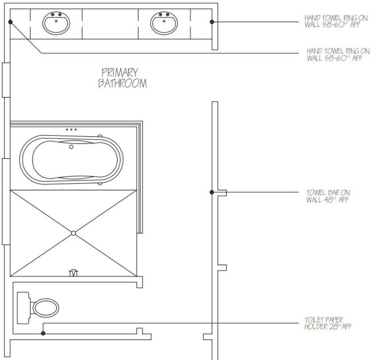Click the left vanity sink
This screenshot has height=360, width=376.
pos(56,23)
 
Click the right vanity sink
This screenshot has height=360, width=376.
pos(164,23)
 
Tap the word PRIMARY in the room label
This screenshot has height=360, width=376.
pos(120,73)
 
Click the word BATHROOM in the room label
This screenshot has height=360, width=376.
pos(123,83)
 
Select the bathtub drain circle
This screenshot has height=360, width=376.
pos(71,147)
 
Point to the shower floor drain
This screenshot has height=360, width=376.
pos(74,233)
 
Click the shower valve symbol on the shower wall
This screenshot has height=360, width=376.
pos(74,273)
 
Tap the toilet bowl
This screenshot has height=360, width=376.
pos(46,308)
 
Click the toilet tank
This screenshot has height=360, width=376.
pos(24,308)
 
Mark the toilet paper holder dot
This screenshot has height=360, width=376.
pos(43,333)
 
